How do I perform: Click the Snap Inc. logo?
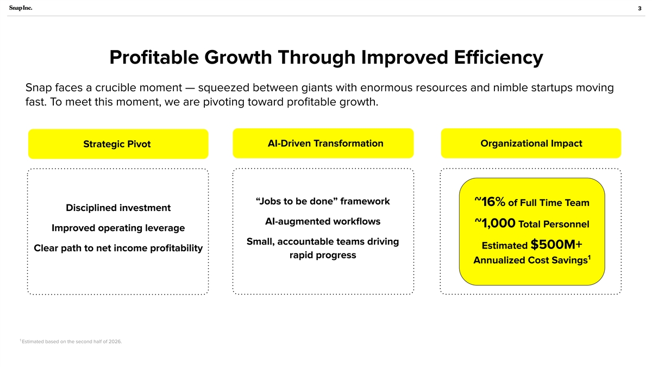(x=21, y=8)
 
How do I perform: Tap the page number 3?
(x=640, y=9)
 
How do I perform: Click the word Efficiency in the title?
(x=498, y=58)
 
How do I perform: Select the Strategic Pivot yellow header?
(x=118, y=144)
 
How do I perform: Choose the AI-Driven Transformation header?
(x=323, y=144)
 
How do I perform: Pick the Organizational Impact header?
(x=531, y=144)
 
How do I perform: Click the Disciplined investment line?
(x=118, y=208)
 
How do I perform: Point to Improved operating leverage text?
(x=118, y=228)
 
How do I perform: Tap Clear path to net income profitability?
(x=118, y=248)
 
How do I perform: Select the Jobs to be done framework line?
(x=323, y=201)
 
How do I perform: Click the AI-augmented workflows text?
(x=323, y=221)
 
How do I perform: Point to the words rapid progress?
(x=323, y=255)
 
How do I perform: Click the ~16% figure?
(x=490, y=202)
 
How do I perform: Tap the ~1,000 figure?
(x=495, y=223)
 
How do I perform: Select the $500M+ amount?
(x=556, y=244)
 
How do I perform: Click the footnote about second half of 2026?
(x=71, y=341)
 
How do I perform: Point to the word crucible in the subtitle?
(x=115, y=88)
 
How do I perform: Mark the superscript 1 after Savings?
(x=589, y=257)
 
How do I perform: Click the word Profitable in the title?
(x=154, y=58)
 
